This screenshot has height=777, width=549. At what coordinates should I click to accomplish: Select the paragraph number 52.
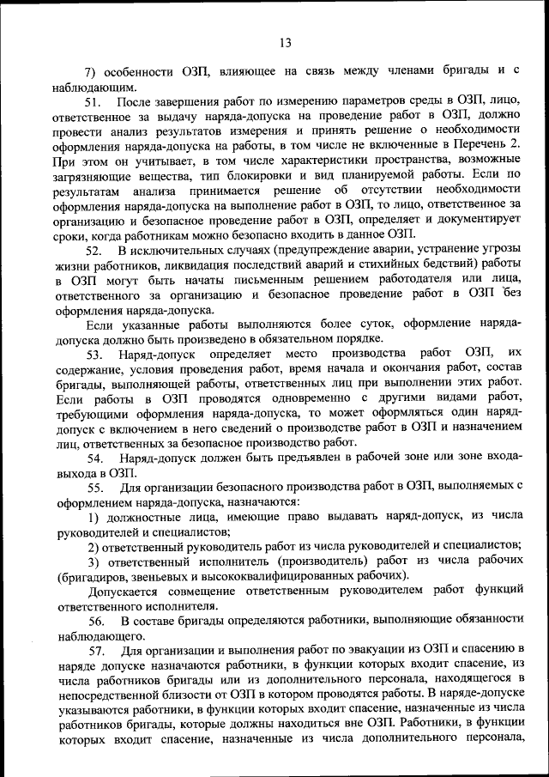click(94, 250)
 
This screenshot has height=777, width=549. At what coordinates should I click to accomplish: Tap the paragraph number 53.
click(94, 354)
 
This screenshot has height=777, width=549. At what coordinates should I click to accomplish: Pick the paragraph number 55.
click(94, 487)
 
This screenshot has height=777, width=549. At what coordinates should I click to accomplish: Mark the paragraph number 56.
click(94, 620)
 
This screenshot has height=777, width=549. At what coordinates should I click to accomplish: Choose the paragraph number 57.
click(94, 649)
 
